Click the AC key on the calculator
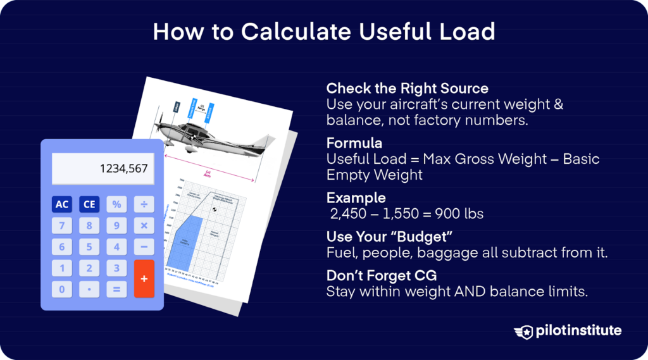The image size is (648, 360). [x=62, y=204]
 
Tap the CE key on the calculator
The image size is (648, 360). [x=89, y=204]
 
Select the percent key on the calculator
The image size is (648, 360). [x=116, y=204]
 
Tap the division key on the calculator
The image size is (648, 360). [x=144, y=204]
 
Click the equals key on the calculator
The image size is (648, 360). [x=116, y=290]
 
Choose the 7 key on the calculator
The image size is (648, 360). [x=62, y=226]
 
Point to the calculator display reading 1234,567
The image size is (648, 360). [x=103, y=169]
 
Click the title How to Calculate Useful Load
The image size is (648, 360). [x=323, y=32]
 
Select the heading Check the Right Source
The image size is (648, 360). [x=407, y=88]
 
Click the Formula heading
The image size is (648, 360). [x=354, y=143]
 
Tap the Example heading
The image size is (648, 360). [x=356, y=198]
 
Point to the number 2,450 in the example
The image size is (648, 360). [x=349, y=214]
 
